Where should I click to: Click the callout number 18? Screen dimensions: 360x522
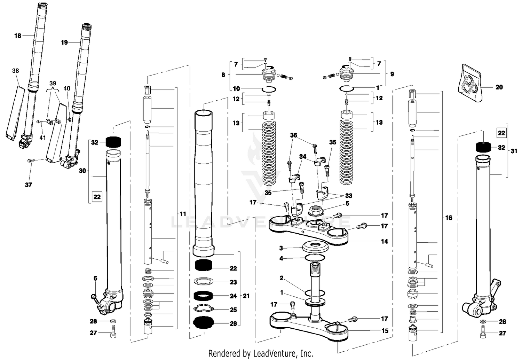(17, 36)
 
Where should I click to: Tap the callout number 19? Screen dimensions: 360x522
(64, 42)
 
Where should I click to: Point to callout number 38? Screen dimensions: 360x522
(15, 71)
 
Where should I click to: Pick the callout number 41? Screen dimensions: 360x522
(42, 138)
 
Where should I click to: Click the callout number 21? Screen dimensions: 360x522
(246, 296)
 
